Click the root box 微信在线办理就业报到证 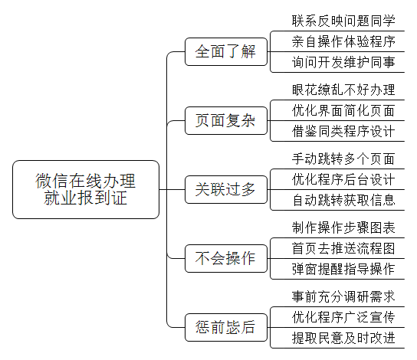86,189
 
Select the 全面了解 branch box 226,51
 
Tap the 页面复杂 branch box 226,120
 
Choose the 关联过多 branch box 226,189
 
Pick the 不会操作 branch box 226,258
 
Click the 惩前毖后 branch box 226,327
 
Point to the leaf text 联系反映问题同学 343,21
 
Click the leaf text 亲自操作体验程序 343,41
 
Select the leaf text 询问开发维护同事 343,63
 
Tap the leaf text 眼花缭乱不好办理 343,90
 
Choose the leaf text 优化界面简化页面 343,110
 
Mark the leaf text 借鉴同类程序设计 343,131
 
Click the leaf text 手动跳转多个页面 343,159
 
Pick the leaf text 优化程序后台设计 343,179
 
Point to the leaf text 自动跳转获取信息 343,201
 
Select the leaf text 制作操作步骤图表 343,227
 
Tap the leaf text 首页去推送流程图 343,248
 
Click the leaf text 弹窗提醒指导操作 343,269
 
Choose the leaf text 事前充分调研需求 343,296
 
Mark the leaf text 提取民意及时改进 343,339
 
